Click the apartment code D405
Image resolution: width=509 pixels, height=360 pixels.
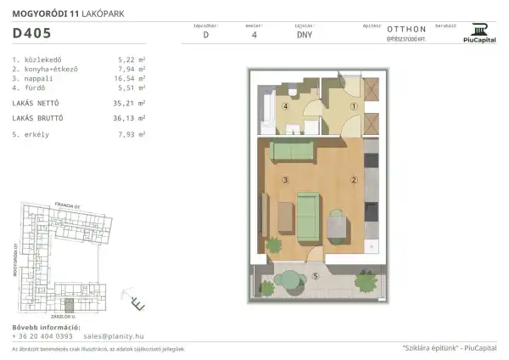[x=31, y=35]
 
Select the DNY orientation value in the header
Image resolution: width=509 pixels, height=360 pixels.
[x=304, y=36]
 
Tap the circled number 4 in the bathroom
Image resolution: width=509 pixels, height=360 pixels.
[x=286, y=108]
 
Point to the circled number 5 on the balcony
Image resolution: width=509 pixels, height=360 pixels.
[x=314, y=276]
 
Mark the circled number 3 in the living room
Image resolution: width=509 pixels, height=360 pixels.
[x=286, y=180]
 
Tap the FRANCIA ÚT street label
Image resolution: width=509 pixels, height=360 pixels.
[x=65, y=205]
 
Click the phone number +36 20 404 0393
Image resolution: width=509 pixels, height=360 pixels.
[x=42, y=335]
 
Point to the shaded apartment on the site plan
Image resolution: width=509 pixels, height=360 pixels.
[x=70, y=302]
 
